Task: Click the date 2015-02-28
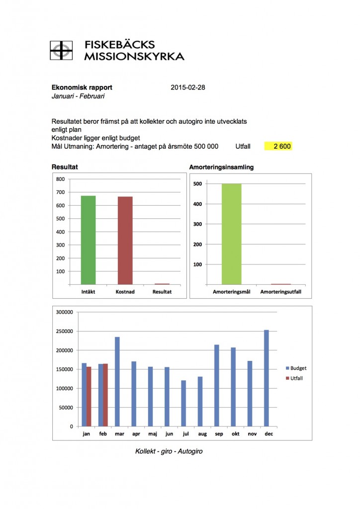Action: point(187,87)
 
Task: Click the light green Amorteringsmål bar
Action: point(232,234)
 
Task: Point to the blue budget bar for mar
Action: point(117,381)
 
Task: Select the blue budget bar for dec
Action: point(267,378)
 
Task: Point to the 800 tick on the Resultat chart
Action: point(60,179)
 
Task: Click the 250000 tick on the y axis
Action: point(64,332)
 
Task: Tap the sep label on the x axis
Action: point(219,433)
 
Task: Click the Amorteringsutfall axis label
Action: point(281,292)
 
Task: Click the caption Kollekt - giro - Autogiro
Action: point(169,451)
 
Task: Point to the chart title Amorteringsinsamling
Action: point(221,168)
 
